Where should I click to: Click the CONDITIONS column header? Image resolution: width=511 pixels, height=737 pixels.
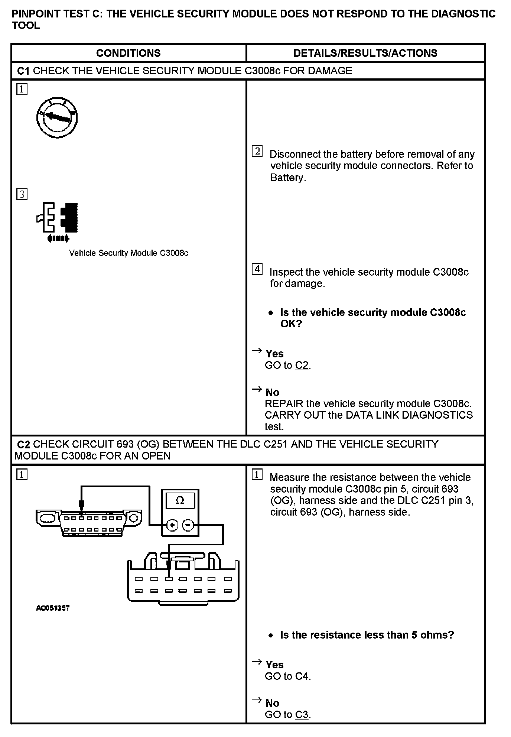tap(128, 53)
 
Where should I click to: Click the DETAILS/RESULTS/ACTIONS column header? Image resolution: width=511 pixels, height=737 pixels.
tap(365, 53)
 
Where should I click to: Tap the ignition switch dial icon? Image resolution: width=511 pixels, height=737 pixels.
tap(57, 118)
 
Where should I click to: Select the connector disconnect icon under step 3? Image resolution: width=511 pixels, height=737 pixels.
tap(58, 222)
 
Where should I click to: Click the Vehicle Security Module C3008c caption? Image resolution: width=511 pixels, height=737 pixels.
tap(128, 253)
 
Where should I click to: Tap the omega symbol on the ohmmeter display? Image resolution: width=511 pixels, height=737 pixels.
tap(180, 501)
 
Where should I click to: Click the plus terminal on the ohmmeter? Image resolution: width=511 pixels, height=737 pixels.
tap(172, 525)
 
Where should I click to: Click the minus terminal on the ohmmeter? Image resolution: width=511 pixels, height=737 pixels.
tap(188, 525)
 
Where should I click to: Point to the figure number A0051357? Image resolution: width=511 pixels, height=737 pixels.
tap(53, 608)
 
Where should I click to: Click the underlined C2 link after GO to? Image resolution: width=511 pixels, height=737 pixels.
tap(302, 366)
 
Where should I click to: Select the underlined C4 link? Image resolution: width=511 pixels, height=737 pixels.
tap(302, 676)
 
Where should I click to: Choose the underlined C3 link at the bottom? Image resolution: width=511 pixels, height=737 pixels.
tap(302, 714)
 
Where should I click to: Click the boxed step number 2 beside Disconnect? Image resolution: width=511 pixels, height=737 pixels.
tap(257, 151)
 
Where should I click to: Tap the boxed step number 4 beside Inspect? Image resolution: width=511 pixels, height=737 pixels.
tap(257, 269)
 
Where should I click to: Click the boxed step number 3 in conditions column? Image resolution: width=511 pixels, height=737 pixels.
tap(22, 194)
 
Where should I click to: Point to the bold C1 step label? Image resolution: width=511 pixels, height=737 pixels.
tap(23, 71)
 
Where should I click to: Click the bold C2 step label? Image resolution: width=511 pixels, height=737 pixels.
tap(24, 444)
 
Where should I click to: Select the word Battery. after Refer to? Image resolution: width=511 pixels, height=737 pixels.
tap(288, 178)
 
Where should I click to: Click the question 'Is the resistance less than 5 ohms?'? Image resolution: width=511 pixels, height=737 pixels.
tap(367, 635)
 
